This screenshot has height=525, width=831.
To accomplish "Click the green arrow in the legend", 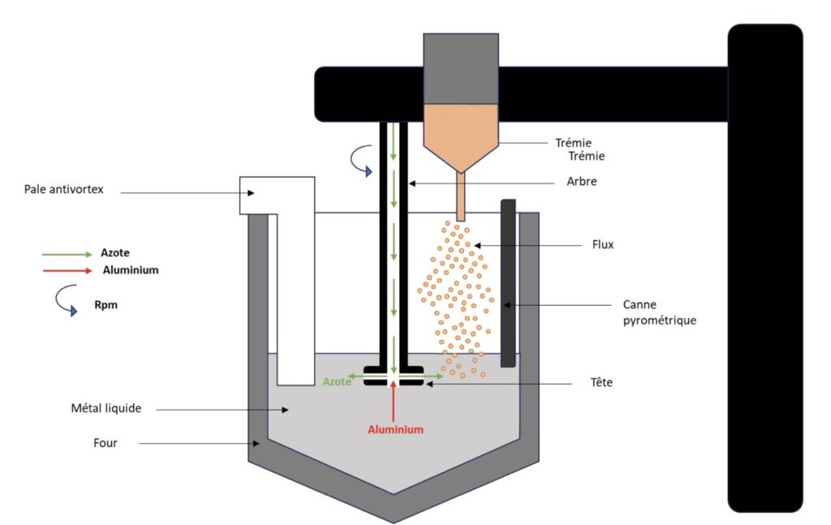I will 67,254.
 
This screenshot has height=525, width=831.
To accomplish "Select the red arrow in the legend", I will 67,269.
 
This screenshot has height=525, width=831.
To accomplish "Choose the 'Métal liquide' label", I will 106,408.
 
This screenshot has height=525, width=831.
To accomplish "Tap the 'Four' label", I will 105,443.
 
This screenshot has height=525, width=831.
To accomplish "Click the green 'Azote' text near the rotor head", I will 337,381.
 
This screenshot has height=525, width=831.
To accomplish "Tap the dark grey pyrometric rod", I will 508,284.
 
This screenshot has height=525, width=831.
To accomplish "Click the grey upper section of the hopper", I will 461,69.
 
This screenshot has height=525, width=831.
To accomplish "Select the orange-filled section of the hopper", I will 461,134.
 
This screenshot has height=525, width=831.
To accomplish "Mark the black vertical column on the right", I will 764,268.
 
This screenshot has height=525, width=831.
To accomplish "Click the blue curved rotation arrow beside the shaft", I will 359,160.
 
